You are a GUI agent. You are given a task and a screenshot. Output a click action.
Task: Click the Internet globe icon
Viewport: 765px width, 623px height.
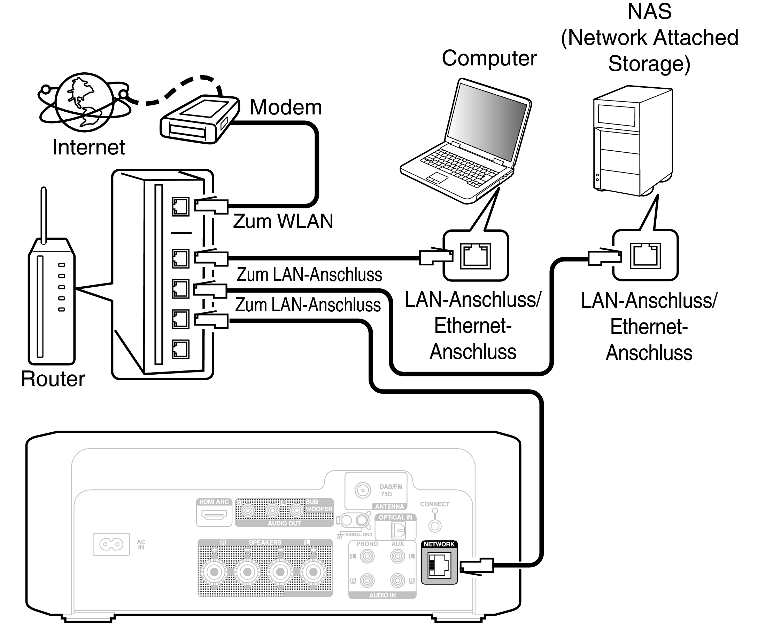(x=85, y=102)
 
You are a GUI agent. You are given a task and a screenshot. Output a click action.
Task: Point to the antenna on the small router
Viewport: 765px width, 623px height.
(x=44, y=215)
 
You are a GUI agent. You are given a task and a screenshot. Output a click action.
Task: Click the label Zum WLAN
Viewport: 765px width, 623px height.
(x=283, y=221)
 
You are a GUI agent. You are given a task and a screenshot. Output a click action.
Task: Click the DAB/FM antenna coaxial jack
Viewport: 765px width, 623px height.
(x=363, y=490)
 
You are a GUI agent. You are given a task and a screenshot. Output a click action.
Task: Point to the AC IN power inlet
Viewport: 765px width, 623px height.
(x=111, y=544)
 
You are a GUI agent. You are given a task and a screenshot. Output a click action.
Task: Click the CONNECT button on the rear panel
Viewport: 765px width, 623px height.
(x=435, y=526)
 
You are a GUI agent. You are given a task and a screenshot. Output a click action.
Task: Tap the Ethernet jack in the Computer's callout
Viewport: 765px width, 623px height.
(x=476, y=256)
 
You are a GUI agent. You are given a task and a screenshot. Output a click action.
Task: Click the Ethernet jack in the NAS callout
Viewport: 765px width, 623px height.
(x=645, y=256)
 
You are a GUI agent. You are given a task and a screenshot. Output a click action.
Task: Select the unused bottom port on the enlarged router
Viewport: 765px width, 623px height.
(x=180, y=349)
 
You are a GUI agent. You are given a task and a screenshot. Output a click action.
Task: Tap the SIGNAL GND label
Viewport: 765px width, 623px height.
(x=358, y=534)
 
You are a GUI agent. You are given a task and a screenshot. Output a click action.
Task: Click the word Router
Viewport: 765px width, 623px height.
(x=53, y=379)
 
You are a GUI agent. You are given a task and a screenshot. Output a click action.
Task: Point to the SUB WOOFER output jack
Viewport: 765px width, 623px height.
(x=296, y=510)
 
